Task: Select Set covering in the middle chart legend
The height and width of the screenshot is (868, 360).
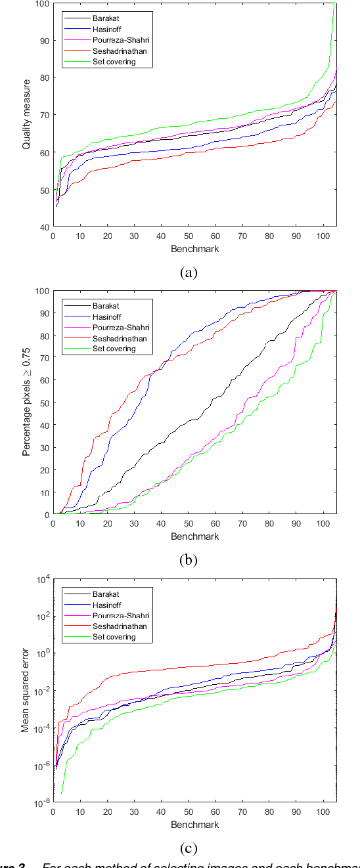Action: coord(113,349)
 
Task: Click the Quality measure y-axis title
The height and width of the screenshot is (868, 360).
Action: coord(27,116)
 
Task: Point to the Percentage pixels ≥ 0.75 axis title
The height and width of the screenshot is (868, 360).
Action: coord(27,402)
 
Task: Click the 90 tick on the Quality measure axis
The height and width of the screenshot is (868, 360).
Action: coord(43,41)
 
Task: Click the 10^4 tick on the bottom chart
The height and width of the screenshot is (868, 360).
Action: coord(41,579)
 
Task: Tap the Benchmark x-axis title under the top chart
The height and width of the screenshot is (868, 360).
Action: coord(195,250)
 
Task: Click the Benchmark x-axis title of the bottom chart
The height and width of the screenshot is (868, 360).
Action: coord(195,824)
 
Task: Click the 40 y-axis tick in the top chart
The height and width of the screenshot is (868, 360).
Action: coord(43,227)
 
